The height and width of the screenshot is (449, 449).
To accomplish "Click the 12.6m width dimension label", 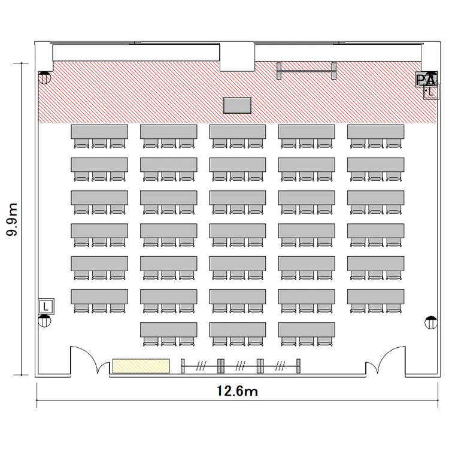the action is (x=237, y=391).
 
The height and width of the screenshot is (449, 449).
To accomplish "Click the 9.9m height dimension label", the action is (x=12, y=219).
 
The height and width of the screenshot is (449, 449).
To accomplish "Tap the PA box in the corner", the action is (x=426, y=79).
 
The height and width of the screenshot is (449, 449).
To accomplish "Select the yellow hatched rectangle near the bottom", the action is (x=141, y=366).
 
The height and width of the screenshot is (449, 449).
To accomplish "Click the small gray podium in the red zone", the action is (x=237, y=105).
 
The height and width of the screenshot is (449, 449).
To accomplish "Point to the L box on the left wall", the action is (x=46, y=307).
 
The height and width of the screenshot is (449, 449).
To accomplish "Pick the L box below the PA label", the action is (x=431, y=92).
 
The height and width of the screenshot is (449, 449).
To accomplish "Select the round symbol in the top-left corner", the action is (x=44, y=77).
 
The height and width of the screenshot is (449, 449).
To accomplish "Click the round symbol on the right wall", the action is (x=431, y=323).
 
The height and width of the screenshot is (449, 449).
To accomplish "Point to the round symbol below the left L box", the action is (x=44, y=321).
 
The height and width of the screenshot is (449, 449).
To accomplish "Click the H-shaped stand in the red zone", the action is (x=307, y=71).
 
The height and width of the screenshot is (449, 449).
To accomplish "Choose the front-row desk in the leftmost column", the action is (x=99, y=132).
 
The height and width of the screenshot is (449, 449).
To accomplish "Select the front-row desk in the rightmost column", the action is (x=376, y=132).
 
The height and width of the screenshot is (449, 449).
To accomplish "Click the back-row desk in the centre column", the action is (x=238, y=329).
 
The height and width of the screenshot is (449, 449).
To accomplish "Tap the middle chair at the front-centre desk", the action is (x=238, y=143).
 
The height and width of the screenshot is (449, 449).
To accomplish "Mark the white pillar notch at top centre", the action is (x=237, y=57).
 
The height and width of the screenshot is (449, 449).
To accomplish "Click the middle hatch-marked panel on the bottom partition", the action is (x=240, y=366).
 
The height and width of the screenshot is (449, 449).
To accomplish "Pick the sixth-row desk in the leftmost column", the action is (x=99, y=296).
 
